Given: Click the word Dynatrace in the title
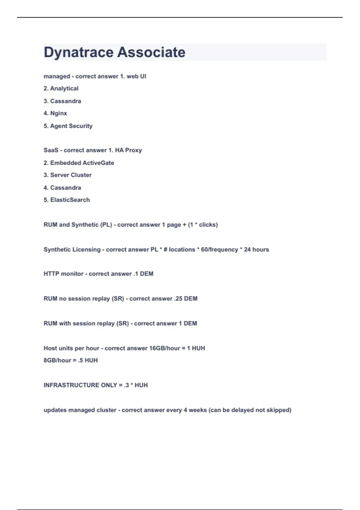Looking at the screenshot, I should pyautogui.click(x=78, y=52).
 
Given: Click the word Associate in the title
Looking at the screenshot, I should pyautogui.click(x=151, y=52).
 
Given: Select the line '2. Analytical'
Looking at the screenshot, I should pyautogui.click(x=61, y=88).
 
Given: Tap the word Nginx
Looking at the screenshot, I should pyautogui.click(x=58, y=113).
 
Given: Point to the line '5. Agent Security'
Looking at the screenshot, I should pyautogui.click(x=68, y=126).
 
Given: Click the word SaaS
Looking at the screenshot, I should pyautogui.click(x=51, y=150).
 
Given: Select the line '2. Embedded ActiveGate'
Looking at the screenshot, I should pyautogui.click(x=79, y=163).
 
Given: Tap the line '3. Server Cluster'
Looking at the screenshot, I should pyautogui.click(x=67, y=175).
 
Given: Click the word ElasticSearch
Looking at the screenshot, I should pyautogui.click(x=70, y=200).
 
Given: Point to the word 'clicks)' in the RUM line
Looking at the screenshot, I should pyautogui.click(x=208, y=225).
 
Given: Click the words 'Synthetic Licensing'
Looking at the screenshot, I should pyautogui.click(x=72, y=250).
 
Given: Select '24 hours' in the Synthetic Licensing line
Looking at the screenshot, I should pyautogui.click(x=256, y=250).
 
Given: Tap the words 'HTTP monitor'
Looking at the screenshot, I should pyautogui.click(x=63, y=274).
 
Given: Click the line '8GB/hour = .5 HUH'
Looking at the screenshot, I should pyautogui.click(x=70, y=360).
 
